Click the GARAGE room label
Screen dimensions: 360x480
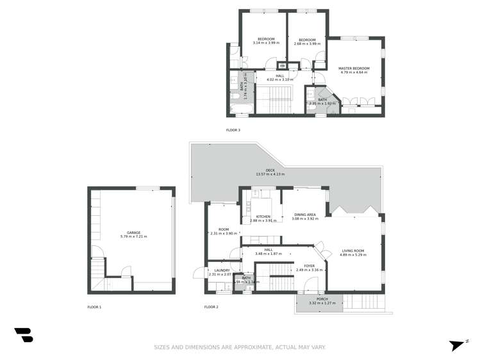point(133,233)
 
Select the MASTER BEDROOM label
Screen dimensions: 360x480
point(354,69)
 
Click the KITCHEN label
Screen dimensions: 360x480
point(263,217)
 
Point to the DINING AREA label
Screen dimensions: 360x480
point(304,215)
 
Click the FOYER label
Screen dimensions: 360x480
point(308,266)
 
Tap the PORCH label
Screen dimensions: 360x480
point(318,299)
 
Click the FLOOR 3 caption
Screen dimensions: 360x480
point(233,130)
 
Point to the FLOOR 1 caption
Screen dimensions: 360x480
point(95,307)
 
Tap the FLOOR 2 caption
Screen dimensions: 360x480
point(211,307)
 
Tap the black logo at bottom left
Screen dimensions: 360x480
point(24,334)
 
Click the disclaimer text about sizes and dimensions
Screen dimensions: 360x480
point(240,347)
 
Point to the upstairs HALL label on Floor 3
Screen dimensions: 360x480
point(280,76)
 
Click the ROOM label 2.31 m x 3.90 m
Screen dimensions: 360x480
point(224,229)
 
